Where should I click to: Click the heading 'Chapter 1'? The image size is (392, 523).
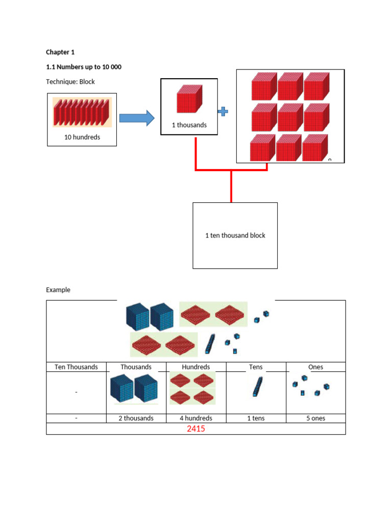tap(60, 52)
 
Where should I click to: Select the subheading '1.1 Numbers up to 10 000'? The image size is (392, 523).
tap(84, 67)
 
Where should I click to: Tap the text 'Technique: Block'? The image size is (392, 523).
tap(70, 82)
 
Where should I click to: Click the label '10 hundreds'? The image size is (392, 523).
tap(82, 137)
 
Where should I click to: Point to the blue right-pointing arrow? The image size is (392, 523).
tap(137, 118)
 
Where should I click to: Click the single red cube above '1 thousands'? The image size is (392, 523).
tap(189, 99)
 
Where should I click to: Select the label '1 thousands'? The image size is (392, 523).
tap(189, 125)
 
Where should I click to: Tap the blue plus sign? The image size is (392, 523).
tap(223, 111)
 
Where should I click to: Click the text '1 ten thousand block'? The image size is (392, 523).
tap(235, 235)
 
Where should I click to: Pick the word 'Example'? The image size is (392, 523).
tap(58, 290)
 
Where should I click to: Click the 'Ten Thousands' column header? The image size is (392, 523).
tap(76, 367)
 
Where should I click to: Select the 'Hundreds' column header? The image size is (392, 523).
tap(195, 367)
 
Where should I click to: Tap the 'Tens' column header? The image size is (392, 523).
tap(256, 367)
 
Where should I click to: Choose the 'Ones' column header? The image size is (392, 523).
tap(315, 367)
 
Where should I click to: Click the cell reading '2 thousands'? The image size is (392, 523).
tap(136, 418)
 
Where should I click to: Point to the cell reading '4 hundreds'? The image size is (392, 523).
tap(196, 418)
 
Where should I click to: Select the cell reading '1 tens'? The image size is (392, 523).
tap(256, 418)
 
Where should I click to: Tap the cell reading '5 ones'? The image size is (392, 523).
tap(315, 418)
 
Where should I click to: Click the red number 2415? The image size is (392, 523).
tap(195, 429)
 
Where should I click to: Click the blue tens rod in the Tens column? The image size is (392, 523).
tap(257, 387)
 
